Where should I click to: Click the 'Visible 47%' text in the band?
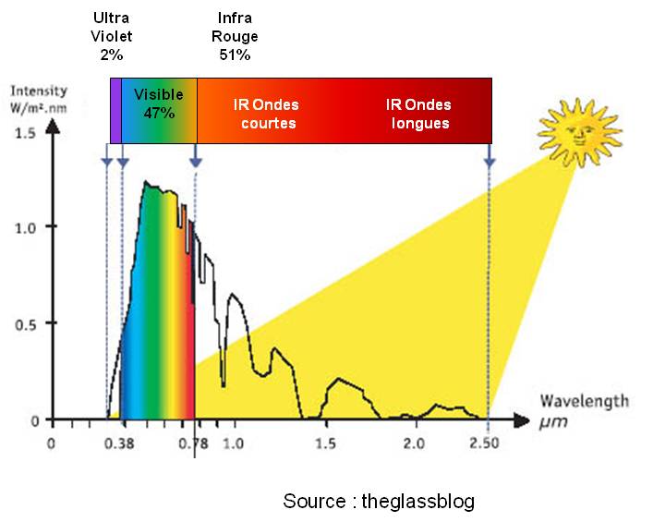159,103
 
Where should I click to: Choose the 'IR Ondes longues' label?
418,114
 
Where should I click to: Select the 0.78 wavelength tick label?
194,443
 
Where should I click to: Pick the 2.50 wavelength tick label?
483,443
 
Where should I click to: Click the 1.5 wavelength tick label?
325,443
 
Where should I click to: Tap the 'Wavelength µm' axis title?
584,411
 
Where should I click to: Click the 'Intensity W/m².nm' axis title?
38,99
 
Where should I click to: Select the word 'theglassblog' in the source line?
417,502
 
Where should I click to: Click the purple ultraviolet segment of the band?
115,111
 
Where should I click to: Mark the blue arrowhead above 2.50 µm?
490,163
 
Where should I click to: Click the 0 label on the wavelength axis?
52,443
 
